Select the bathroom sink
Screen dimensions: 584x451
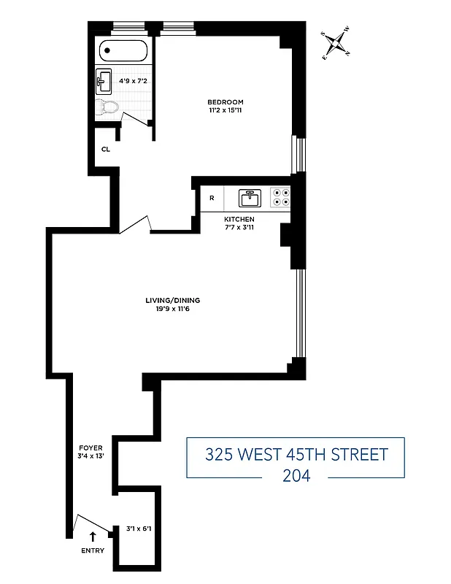(103, 82)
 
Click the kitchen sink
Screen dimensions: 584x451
(250, 197)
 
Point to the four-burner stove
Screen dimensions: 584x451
(280, 197)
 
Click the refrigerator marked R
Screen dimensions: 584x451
(212, 198)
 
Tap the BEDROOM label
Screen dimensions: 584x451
(225, 102)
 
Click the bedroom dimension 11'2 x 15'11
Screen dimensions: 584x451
(225, 112)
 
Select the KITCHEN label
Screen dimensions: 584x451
(239, 219)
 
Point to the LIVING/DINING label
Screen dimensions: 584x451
(172, 300)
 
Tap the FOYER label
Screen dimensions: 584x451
(90, 447)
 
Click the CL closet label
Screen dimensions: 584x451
(105, 149)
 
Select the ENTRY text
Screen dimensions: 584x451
(93, 550)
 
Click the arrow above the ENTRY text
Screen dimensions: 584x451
(93, 537)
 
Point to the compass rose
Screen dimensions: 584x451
(336, 45)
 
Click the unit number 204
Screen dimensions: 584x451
(295, 475)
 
